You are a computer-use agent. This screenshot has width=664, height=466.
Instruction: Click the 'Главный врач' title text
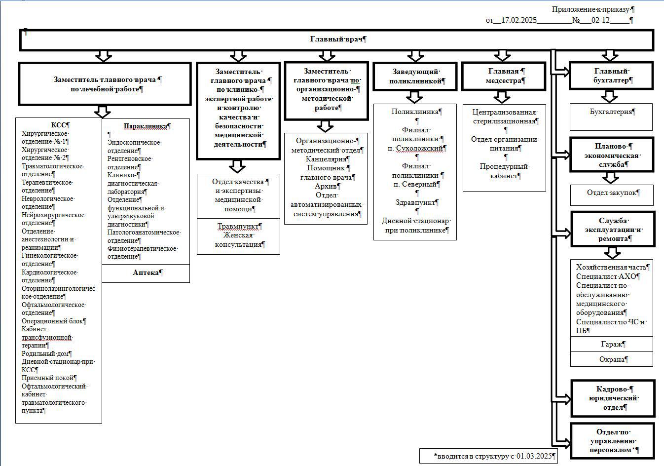tap(336, 39)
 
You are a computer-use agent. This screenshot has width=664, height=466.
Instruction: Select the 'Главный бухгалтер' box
tap(611, 76)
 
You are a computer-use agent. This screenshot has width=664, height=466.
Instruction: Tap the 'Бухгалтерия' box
tap(611, 117)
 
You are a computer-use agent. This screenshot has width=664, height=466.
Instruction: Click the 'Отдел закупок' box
tap(612, 195)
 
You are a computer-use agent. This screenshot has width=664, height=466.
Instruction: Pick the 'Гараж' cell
tap(612, 344)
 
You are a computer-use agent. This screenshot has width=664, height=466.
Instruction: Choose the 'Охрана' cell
tap(612, 359)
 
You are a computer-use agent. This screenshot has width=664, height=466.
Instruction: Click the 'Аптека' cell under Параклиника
tap(146, 273)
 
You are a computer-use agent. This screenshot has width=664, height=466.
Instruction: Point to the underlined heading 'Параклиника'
tap(145, 126)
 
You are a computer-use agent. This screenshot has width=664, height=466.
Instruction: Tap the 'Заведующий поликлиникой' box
tap(415, 76)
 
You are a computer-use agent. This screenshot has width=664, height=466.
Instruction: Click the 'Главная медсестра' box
tap(503, 76)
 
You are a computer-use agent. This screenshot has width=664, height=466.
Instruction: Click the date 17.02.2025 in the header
tap(519, 20)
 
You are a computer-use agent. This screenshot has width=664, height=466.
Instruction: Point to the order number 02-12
tap(600, 20)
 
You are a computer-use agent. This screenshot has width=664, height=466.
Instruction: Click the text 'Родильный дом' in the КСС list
tap(45, 353)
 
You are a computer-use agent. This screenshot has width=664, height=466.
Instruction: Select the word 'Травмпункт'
tap(238, 226)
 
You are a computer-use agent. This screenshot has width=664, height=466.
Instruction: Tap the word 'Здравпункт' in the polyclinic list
tap(415, 202)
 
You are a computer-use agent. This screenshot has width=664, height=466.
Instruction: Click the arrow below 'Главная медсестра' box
tap(502, 97)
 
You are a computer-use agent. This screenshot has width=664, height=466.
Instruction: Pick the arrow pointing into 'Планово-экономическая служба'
tap(561, 155)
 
